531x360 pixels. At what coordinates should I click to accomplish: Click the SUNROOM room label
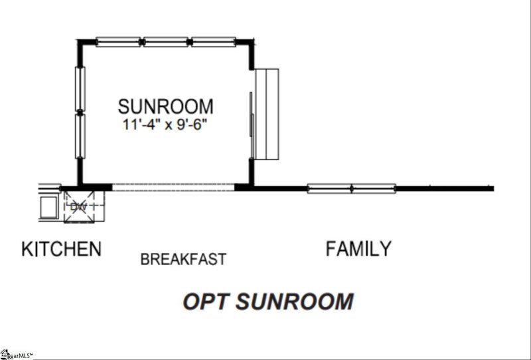click(165, 106)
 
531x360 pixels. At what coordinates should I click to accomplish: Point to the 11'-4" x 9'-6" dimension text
click(164, 125)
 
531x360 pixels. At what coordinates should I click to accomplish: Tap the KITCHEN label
click(61, 249)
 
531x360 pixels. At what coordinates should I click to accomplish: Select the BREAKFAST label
click(183, 259)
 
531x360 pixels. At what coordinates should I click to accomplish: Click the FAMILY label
click(358, 248)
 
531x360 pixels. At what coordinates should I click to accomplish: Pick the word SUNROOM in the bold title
click(295, 302)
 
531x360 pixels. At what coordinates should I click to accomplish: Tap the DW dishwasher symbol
click(79, 207)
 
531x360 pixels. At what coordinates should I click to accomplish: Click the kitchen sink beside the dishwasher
click(48, 207)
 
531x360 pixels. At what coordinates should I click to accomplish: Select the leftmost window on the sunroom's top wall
click(118, 42)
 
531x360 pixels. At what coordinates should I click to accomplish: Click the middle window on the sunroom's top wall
click(165, 42)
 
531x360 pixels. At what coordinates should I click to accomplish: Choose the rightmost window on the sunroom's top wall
click(213, 42)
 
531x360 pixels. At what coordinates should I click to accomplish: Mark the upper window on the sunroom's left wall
click(80, 89)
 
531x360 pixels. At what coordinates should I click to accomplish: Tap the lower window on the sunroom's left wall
click(80, 136)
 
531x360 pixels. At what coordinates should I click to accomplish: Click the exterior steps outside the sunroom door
click(267, 114)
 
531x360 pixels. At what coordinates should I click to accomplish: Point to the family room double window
click(352, 189)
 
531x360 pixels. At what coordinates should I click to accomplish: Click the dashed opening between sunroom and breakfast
click(173, 187)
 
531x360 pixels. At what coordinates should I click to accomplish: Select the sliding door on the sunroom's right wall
click(252, 114)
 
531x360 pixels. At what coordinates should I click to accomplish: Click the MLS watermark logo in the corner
click(16, 355)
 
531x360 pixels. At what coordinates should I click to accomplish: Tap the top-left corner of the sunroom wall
click(77, 40)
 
